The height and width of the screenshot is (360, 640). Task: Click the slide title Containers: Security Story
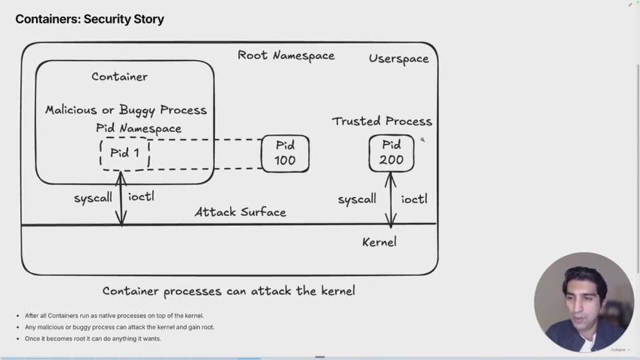point(90,19)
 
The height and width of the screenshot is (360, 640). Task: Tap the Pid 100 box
point(285,153)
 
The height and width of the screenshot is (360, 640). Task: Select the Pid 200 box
point(391,153)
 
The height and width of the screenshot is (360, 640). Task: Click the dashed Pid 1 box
point(125,153)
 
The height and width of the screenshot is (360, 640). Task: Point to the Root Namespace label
point(286,55)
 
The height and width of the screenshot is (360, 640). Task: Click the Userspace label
point(399,59)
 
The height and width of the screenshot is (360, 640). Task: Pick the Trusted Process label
point(382,121)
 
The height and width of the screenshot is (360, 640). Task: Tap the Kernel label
point(379,242)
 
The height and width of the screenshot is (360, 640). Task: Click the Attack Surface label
point(241,212)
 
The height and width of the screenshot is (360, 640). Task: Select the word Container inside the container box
point(119,77)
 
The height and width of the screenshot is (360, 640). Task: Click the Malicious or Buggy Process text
point(126,110)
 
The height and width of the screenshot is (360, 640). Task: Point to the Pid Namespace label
point(139,128)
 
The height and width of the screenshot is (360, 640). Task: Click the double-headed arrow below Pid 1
point(121,199)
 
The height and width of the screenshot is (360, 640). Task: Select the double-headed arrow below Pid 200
point(391,200)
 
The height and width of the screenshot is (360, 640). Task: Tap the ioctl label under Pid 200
point(414,199)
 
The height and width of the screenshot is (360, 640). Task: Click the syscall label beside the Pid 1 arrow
point(93,198)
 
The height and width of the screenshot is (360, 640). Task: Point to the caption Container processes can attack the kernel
point(229,291)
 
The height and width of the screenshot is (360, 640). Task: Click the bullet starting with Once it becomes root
point(93,339)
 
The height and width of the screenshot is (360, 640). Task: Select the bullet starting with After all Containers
point(114,315)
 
